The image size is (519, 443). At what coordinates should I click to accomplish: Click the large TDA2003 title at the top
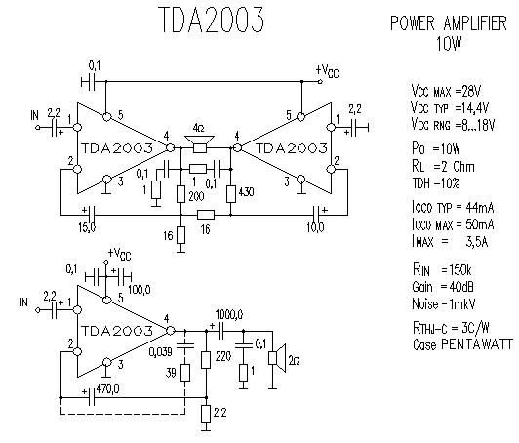(x=211, y=20)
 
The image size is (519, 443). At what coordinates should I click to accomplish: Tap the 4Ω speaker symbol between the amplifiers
(x=199, y=143)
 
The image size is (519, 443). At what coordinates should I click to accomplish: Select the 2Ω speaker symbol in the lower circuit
(x=277, y=358)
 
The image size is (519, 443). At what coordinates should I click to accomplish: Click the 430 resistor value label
(x=245, y=191)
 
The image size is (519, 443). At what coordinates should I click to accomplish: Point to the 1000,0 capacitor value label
(x=229, y=314)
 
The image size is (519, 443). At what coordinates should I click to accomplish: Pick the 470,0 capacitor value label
(x=107, y=388)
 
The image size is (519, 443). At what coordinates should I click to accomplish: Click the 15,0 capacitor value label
(x=87, y=227)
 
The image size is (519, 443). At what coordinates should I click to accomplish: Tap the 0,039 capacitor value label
(x=161, y=351)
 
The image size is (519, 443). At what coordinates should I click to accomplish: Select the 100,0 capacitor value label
(x=139, y=290)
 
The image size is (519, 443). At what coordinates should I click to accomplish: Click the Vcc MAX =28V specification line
(x=446, y=91)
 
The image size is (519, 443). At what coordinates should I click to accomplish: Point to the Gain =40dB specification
(x=443, y=287)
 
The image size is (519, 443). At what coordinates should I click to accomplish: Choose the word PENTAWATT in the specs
(x=477, y=344)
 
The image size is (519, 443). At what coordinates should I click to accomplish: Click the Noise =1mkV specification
(x=444, y=303)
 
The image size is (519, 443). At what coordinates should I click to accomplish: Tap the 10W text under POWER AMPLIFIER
(x=449, y=43)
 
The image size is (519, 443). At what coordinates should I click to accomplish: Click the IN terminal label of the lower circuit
(x=23, y=302)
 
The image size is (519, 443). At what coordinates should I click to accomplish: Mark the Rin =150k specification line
(x=442, y=270)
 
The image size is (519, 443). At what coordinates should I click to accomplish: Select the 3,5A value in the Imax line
(x=477, y=242)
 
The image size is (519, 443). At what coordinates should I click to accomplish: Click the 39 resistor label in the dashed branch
(x=171, y=373)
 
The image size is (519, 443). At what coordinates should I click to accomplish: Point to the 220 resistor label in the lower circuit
(x=223, y=356)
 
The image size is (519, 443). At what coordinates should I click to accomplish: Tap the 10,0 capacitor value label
(x=315, y=227)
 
